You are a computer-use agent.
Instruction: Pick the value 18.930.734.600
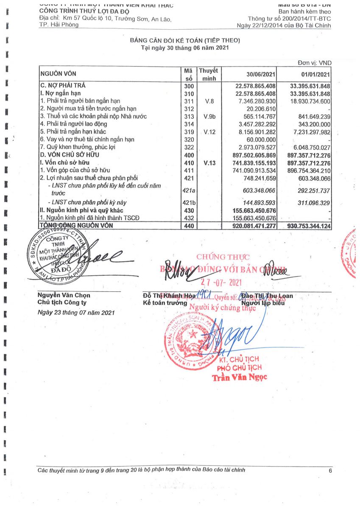tap(310, 101)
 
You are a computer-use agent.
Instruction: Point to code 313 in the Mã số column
tap(189, 116)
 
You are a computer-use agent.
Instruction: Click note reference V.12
tap(210, 132)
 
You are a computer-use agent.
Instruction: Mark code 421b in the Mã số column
tap(189, 203)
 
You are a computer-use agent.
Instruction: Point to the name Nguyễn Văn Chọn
tap(64, 295)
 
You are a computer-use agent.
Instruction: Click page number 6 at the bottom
tap(330, 470)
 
